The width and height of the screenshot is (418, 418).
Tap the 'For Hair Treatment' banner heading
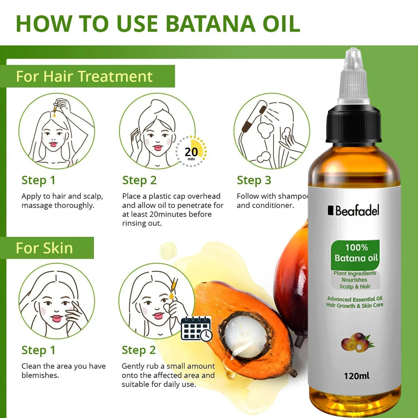click(x=84, y=76)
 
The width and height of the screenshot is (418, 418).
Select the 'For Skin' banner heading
click(x=44, y=248)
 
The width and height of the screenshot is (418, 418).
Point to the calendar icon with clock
click(x=196, y=328)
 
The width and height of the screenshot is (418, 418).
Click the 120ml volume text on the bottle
click(x=357, y=376)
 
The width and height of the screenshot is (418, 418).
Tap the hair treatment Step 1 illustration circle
click(x=57, y=131)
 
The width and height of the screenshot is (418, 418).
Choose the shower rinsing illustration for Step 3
click(x=271, y=131)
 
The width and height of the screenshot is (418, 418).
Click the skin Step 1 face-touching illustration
click(x=57, y=301)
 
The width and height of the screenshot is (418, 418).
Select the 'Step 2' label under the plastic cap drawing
click(x=140, y=180)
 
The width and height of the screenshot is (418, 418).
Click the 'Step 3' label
click(x=254, y=180)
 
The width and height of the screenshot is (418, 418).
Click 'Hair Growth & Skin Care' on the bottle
click(x=355, y=305)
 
